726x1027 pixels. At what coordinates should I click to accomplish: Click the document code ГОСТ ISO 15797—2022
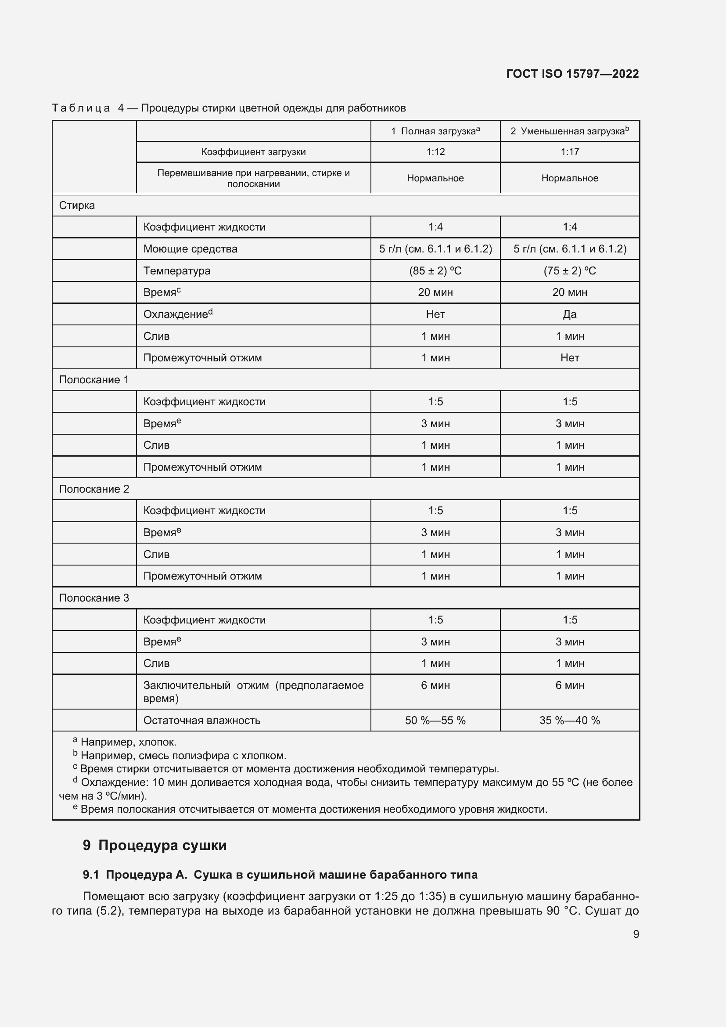[x=572, y=74]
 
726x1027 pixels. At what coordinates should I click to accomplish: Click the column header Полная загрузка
[x=435, y=131]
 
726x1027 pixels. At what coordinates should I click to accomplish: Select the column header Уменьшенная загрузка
[x=570, y=131]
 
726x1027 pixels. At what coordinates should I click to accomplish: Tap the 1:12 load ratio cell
[x=435, y=151]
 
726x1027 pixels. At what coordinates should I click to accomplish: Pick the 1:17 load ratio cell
[x=570, y=151]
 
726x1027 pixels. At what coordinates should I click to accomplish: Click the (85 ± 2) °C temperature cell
[x=435, y=270]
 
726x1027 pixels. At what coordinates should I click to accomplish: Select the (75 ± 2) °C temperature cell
[x=570, y=270]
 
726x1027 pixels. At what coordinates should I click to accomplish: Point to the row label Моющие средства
[x=190, y=249]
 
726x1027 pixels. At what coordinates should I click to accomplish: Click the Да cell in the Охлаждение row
[x=570, y=314]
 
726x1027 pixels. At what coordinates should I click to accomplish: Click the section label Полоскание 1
[x=94, y=380]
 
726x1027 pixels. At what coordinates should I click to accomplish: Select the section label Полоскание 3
[x=94, y=598]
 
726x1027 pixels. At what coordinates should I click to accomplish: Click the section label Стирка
[x=77, y=206]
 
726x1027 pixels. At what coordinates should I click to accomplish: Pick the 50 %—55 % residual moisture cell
[x=435, y=721]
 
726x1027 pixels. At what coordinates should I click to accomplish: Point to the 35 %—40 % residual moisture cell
[x=570, y=721]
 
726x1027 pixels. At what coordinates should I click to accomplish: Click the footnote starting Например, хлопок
[x=128, y=742]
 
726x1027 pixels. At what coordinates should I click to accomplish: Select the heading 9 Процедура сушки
[x=155, y=845]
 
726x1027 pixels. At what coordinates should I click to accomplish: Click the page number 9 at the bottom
[x=636, y=934]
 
